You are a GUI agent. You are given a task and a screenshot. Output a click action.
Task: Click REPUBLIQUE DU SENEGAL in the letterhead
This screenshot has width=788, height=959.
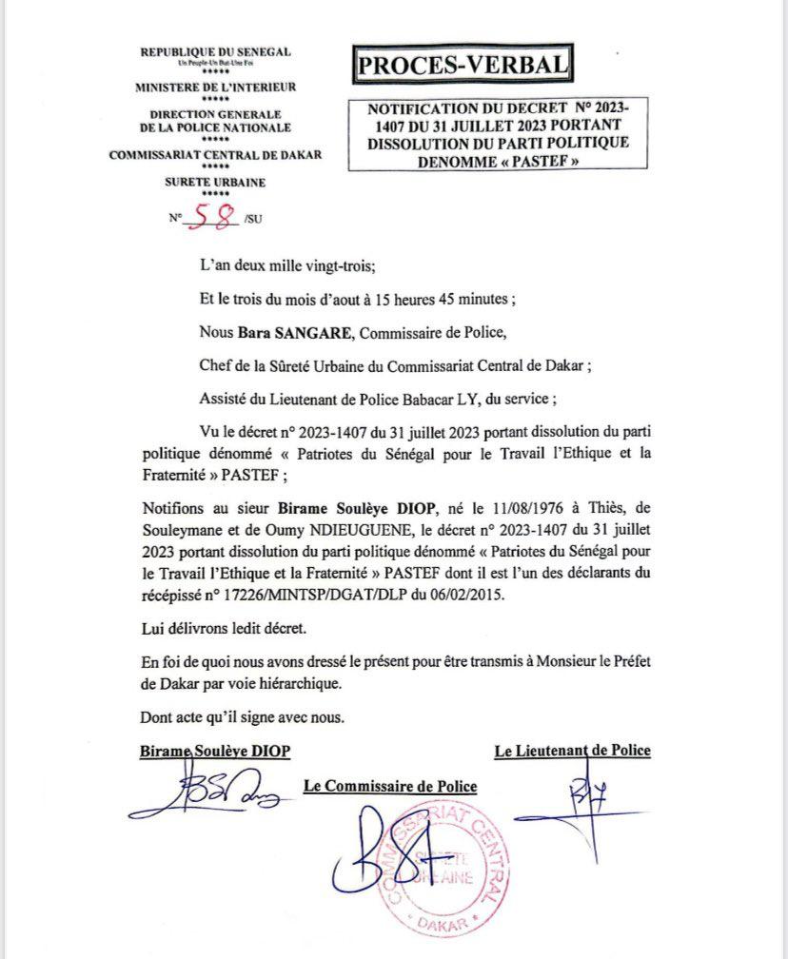coord(215,51)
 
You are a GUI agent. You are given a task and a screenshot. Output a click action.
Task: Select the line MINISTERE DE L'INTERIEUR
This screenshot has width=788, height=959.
coord(215,87)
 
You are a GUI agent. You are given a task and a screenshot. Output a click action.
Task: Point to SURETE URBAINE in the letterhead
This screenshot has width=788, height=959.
coord(215,182)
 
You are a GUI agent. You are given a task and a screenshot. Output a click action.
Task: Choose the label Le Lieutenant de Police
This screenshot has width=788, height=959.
coord(572,751)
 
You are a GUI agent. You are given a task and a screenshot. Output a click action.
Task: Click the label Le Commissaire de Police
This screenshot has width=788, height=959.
coord(389,786)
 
